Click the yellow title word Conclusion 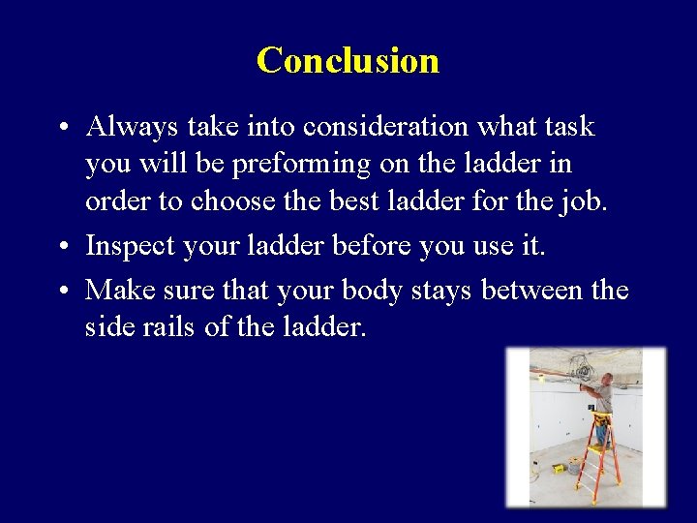coord(348,60)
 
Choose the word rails coord(167,327)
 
